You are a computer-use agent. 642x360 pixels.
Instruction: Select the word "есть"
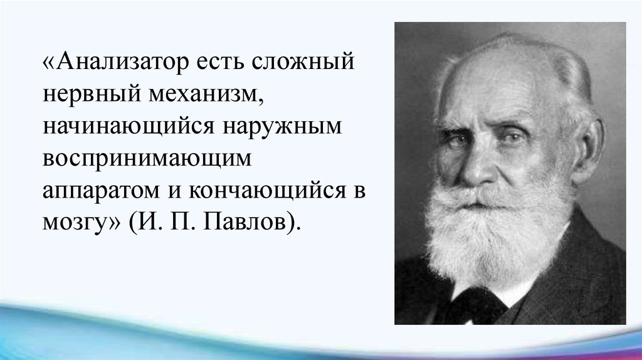(219, 63)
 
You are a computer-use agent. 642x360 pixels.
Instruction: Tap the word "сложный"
(302, 62)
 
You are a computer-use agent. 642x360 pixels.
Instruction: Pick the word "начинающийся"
(129, 127)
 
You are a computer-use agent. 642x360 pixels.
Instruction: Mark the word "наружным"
(283, 127)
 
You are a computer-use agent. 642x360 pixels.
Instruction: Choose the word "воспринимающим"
(147, 159)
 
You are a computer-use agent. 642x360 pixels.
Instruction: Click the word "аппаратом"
(101, 192)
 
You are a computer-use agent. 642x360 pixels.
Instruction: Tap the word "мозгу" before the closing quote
(75, 224)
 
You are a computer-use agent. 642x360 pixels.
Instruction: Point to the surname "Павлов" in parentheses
(244, 223)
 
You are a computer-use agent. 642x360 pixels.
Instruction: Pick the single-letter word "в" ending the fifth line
(359, 192)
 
